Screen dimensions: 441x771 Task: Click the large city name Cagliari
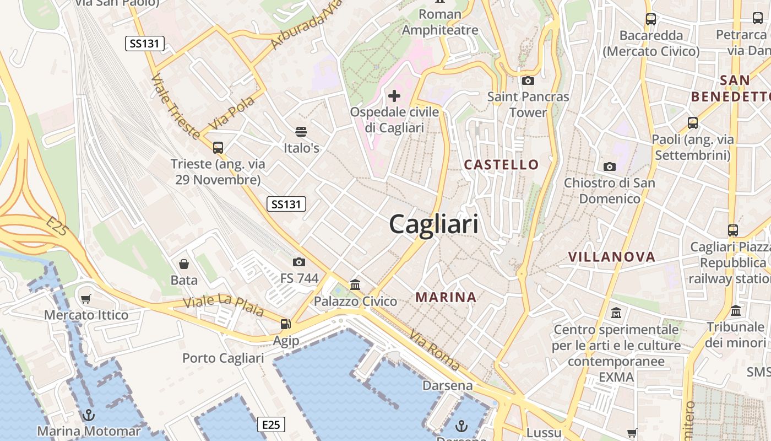click(x=433, y=224)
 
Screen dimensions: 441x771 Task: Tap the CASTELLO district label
click(x=501, y=164)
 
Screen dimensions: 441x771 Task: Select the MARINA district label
click(x=446, y=297)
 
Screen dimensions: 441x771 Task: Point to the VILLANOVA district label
click(x=612, y=256)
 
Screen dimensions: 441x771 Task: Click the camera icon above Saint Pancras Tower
click(x=528, y=81)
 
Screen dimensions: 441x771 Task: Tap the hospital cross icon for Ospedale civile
click(x=394, y=96)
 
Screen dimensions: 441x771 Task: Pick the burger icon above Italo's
click(x=301, y=132)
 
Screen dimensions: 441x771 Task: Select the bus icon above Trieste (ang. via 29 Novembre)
click(x=218, y=147)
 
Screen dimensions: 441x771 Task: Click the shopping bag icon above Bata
click(x=184, y=264)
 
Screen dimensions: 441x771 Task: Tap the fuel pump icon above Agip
click(x=285, y=325)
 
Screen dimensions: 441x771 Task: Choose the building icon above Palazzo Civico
click(x=355, y=285)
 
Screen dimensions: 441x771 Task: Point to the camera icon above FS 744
click(x=299, y=262)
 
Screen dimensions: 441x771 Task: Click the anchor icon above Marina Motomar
click(x=88, y=415)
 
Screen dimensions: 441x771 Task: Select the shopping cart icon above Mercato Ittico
click(x=86, y=299)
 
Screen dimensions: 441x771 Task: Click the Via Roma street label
click(x=435, y=349)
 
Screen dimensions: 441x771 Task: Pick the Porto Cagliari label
click(x=223, y=358)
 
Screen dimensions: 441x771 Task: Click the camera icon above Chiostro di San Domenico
click(x=609, y=166)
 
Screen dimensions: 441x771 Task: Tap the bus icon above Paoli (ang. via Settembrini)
click(x=692, y=123)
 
